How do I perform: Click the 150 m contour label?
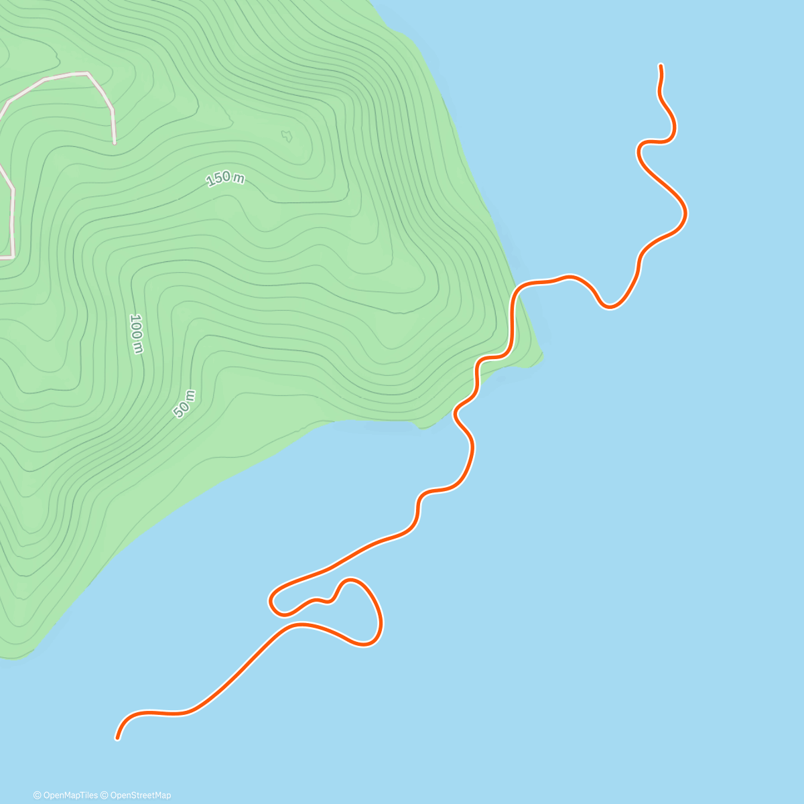pyautogui.click(x=225, y=178)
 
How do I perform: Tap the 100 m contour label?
pyautogui.click(x=136, y=333)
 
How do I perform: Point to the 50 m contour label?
pyautogui.click(x=184, y=403)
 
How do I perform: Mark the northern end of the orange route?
pyautogui.click(x=661, y=66)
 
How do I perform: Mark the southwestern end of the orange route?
pyautogui.click(x=118, y=738)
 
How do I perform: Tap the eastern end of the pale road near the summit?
pyautogui.click(x=115, y=142)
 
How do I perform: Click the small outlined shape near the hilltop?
pyautogui.click(x=287, y=136)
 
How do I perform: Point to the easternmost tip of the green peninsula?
pyautogui.click(x=542, y=355)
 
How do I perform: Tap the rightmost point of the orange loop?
pyautogui.click(x=381, y=623)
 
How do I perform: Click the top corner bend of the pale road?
pyautogui.click(x=87, y=73)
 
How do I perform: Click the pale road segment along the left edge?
pyautogui.click(x=12, y=221)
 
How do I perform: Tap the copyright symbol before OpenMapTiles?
pyautogui.click(x=38, y=795)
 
